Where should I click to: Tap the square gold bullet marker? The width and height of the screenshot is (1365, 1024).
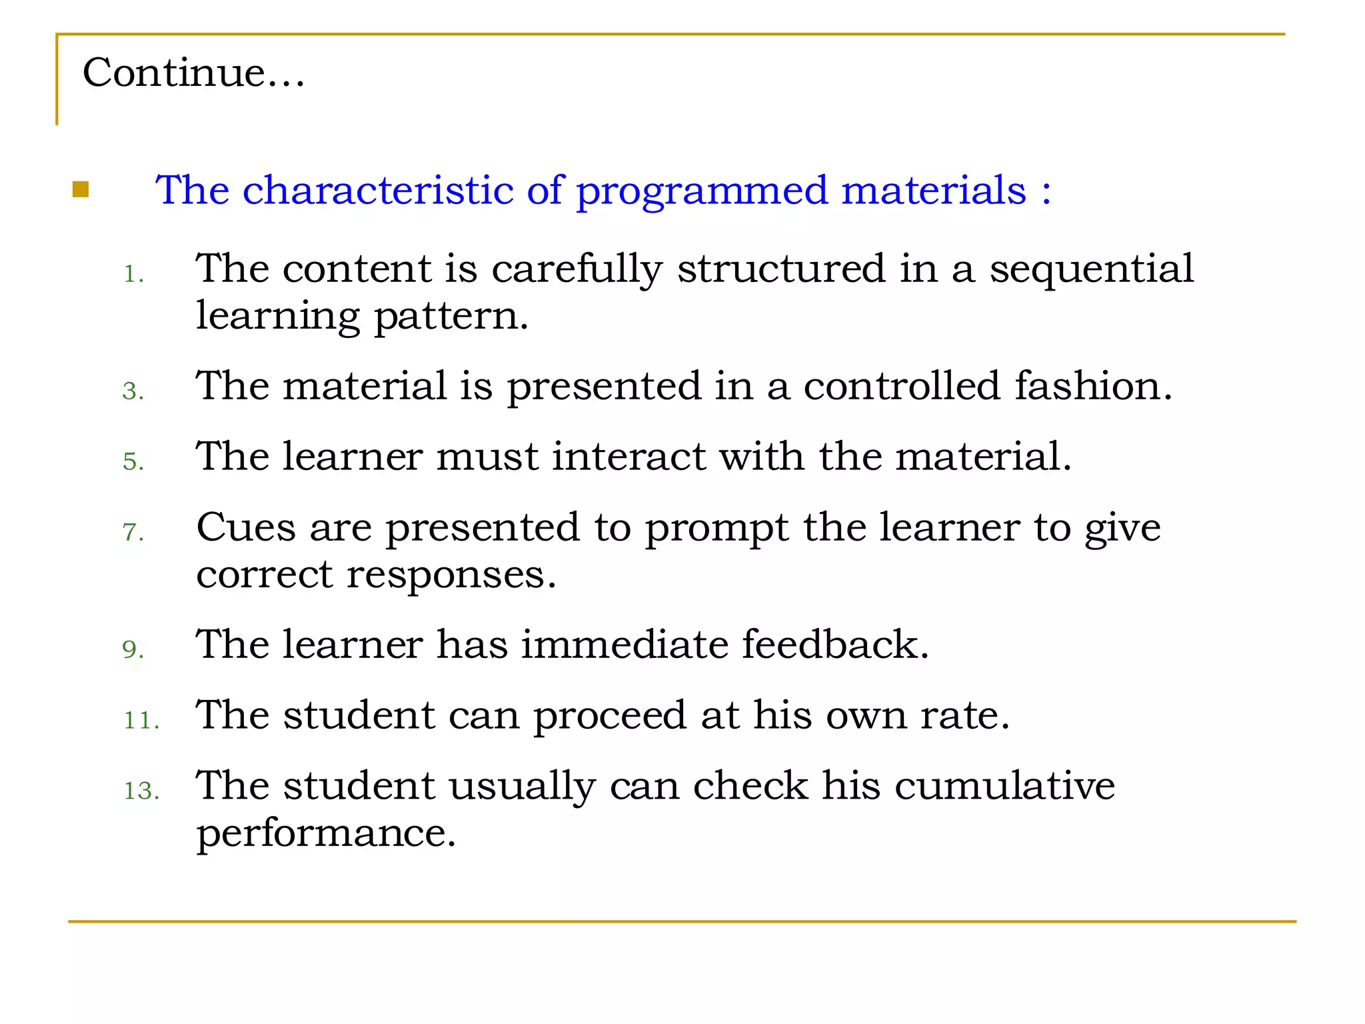point(81,190)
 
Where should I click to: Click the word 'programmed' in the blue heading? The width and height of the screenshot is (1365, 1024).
point(701,191)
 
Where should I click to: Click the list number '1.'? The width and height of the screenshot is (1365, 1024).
point(133,274)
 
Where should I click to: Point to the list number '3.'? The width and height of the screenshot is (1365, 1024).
point(133,391)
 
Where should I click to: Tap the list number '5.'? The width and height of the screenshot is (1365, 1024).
point(133,461)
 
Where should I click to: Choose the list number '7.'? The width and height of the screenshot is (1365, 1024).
point(133,532)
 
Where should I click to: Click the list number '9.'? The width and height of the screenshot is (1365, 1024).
point(133,649)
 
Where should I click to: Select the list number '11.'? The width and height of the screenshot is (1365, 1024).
point(141,720)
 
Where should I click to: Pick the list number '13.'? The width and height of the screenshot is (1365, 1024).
point(141,791)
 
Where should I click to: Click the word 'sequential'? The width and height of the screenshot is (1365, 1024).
point(1091,270)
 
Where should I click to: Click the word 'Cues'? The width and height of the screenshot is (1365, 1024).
point(245,527)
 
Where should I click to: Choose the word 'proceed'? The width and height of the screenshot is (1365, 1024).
point(609,715)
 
